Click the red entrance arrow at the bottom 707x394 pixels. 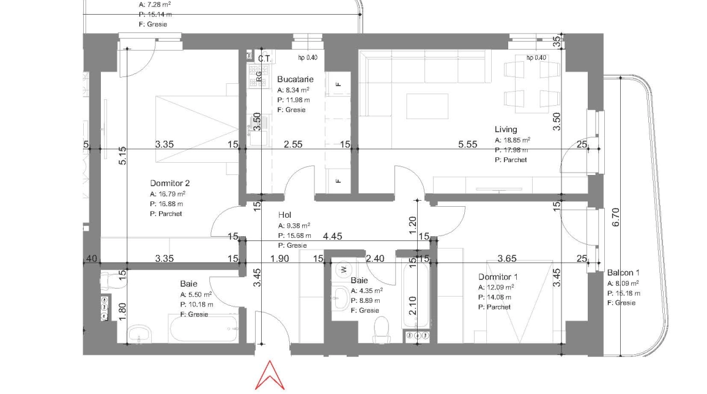coord(270,375)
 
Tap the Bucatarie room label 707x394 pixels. coord(295,80)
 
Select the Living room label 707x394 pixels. coord(506,129)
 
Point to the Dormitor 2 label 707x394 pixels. coord(170,183)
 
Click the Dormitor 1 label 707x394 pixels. coord(498,277)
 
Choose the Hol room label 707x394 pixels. coord(284,215)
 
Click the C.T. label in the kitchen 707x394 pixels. coord(265,59)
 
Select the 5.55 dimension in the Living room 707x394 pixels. coord(468,144)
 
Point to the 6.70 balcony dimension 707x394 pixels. coord(615,217)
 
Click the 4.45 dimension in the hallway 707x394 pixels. coord(333,236)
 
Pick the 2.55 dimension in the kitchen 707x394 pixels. coord(293,144)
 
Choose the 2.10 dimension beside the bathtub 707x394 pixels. coord(412,303)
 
